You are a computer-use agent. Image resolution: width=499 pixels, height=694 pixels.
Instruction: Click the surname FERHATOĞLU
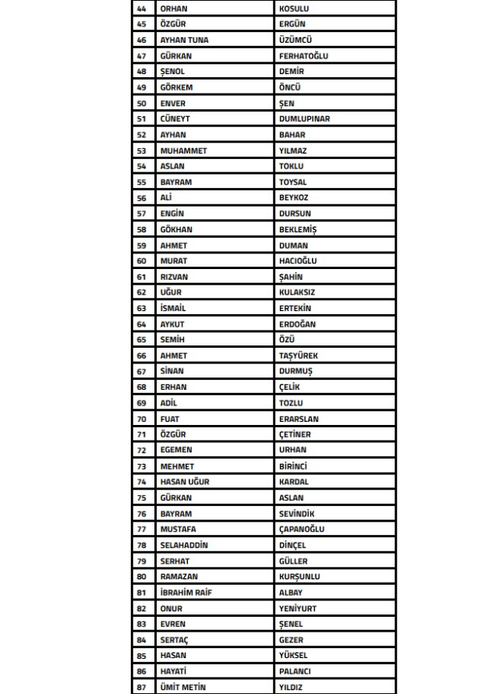click(303, 56)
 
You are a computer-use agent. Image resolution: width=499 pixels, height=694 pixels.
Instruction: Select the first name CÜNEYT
click(175, 119)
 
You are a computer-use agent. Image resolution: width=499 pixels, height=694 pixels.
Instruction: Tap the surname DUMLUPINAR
click(304, 119)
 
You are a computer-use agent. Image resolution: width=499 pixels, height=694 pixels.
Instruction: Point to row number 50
click(141, 103)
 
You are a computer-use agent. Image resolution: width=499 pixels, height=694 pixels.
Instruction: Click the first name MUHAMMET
click(183, 150)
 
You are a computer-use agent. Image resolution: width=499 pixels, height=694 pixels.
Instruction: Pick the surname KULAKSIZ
click(297, 292)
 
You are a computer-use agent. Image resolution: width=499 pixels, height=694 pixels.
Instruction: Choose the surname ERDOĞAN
click(297, 324)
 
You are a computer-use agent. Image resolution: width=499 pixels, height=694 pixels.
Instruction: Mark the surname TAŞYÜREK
click(299, 356)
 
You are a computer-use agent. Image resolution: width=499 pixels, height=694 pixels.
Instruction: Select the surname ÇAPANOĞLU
click(302, 529)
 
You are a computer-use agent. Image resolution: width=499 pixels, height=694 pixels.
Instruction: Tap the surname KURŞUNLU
click(299, 577)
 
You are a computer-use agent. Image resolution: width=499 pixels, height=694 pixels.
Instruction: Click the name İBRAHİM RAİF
click(186, 593)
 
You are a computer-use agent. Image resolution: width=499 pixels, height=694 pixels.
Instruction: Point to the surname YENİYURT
click(298, 608)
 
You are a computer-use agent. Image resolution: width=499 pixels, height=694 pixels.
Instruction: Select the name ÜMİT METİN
click(182, 687)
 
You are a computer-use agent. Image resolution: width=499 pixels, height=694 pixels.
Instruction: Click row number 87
click(141, 687)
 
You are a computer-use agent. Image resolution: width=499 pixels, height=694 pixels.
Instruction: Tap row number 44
click(141, 9)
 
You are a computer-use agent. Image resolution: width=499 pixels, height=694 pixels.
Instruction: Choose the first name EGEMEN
click(175, 450)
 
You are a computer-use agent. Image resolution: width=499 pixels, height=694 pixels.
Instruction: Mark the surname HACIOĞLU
click(298, 261)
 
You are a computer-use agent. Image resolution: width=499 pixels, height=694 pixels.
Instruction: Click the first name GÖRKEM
click(175, 87)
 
